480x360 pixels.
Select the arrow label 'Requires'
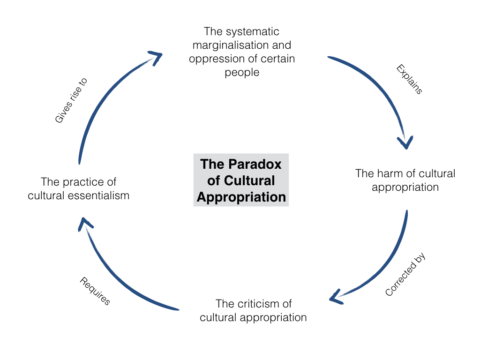pyautogui.click(x=95, y=291)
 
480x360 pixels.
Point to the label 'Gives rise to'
pyautogui.click(x=71, y=100)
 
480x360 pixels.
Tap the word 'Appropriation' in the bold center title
pyautogui.click(x=241, y=197)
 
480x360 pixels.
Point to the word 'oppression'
pyautogui.click(x=214, y=59)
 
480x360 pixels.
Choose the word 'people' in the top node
pyautogui.click(x=242, y=73)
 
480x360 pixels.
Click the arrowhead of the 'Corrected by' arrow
pyautogui.click(x=335, y=298)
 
